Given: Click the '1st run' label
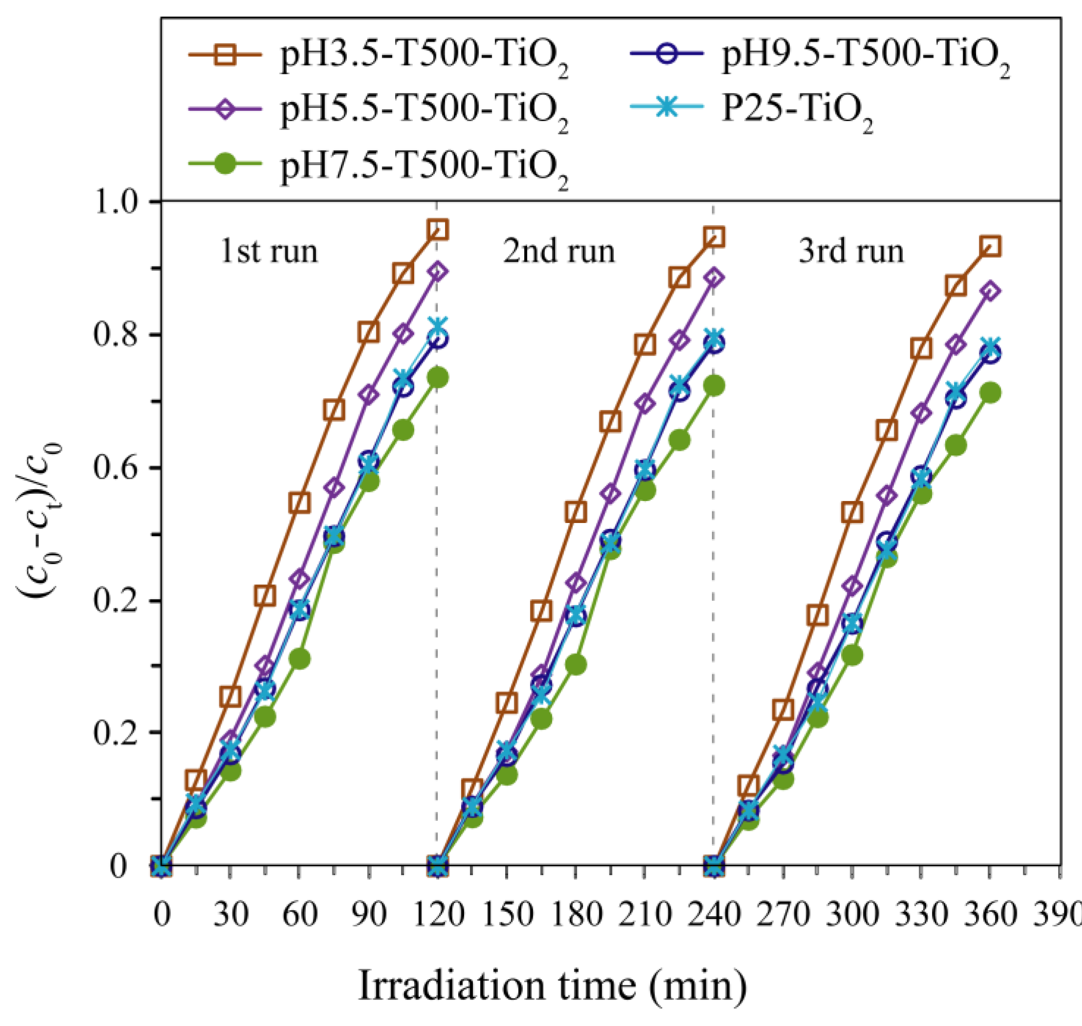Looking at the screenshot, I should point(269,252).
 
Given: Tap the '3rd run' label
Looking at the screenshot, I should point(851,252).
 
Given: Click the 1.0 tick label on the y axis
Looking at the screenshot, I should point(119,202).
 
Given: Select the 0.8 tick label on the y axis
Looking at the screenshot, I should point(119,335).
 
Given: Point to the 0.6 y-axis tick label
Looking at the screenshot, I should point(119,468).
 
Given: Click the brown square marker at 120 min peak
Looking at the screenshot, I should point(438,230).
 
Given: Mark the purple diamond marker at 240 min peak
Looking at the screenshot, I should point(714,277).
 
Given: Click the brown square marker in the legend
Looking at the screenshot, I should point(225,56).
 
